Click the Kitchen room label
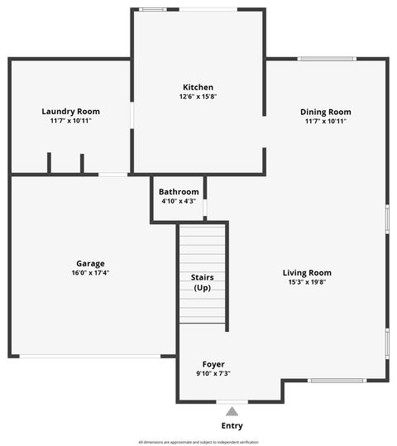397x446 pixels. [198, 87]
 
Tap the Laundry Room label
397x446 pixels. [70, 111]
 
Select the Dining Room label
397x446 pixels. [325, 112]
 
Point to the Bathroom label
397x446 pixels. [179, 192]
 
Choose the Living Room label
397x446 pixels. [307, 272]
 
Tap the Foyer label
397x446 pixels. [213, 364]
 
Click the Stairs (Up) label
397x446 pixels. [202, 282]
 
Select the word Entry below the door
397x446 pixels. [232, 426]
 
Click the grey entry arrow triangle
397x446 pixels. [232, 410]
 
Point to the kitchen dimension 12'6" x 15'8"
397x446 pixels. [198, 97]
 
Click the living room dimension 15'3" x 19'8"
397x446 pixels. [307, 282]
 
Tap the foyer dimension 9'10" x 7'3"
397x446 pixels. [213, 373]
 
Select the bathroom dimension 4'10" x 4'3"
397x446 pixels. [179, 201]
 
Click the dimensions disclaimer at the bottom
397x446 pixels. [198, 442]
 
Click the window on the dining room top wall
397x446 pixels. [326, 59]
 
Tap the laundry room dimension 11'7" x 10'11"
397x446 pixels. [70, 121]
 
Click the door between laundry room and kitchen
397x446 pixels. [132, 115]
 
